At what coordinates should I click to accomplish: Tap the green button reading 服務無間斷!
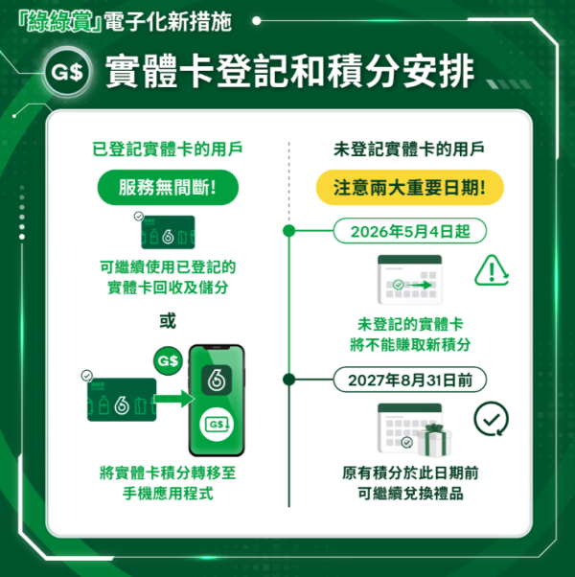[x=167, y=187]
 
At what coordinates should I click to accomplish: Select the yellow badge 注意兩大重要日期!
[x=410, y=187]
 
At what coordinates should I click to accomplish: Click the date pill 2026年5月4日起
[x=410, y=231]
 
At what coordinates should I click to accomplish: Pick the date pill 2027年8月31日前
[x=410, y=380]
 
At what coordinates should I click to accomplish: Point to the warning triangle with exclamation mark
[x=492, y=272]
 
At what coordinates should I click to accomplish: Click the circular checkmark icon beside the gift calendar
[x=492, y=418]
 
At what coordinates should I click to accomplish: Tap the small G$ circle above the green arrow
[x=168, y=361]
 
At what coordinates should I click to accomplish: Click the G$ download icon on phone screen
[x=217, y=423]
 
